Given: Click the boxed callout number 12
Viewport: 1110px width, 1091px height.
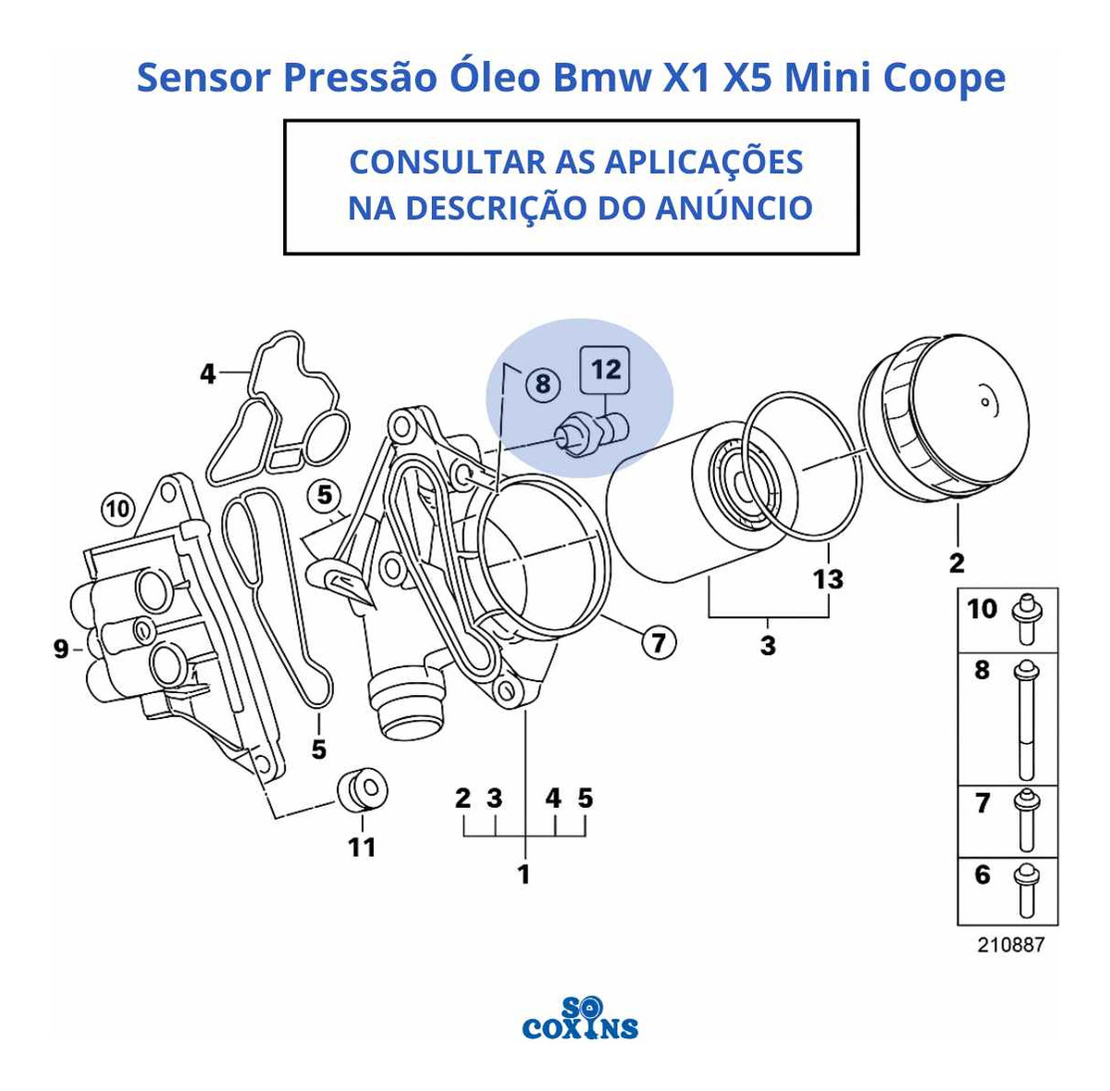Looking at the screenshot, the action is point(604,370).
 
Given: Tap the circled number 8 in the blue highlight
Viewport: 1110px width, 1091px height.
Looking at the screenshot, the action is point(543,383).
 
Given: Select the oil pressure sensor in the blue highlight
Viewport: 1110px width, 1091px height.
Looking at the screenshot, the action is point(590,436).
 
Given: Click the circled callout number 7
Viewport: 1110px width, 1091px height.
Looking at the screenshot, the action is point(659,641).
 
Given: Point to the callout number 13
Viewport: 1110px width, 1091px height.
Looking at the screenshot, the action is point(828,578).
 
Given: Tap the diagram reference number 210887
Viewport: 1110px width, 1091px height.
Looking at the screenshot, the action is point(1010,961).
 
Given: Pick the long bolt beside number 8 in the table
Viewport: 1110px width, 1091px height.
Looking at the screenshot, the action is point(1026,721).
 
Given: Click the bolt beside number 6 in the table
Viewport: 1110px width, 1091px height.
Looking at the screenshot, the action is point(1026,898).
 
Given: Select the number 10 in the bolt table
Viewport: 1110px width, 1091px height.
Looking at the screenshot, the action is point(982,609).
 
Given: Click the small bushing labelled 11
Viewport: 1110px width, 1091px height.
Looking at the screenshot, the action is point(362,788).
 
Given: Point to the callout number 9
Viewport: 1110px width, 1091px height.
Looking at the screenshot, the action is point(61,649).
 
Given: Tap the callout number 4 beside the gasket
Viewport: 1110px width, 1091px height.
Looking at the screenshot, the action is point(207,374).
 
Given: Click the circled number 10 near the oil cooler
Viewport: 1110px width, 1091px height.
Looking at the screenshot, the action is point(118,509).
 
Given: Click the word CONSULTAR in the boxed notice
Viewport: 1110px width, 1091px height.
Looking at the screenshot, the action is point(447,162).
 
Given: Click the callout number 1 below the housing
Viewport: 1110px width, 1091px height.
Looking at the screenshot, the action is point(524,874).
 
